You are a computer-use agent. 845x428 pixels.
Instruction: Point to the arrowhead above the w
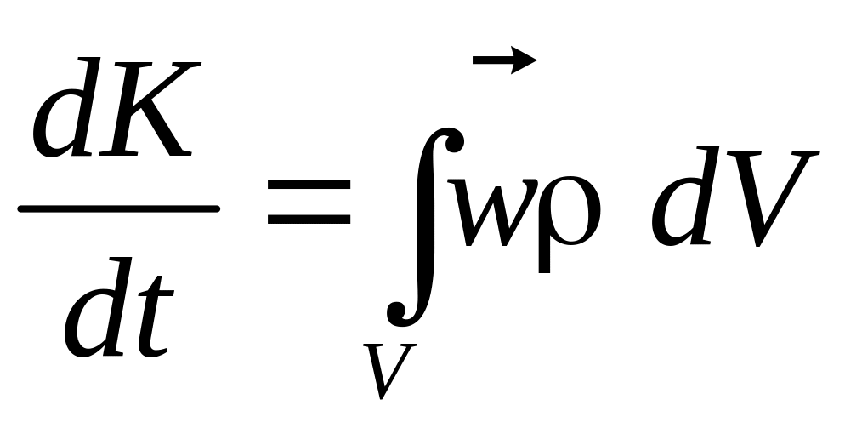(525, 59)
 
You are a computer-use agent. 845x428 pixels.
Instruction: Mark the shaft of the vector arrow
(493, 59)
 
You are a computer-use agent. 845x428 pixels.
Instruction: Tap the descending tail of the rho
(547, 255)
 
